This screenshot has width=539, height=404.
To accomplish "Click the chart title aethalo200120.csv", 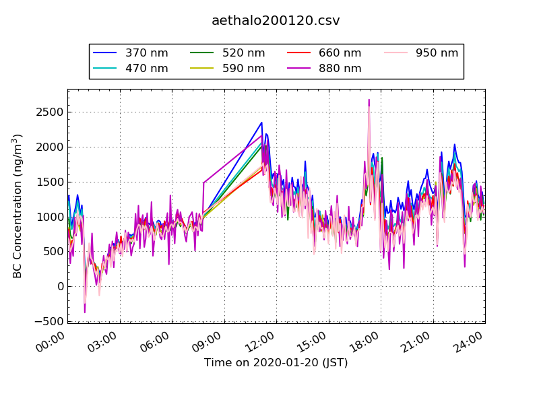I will pyautogui.click(x=276, y=21).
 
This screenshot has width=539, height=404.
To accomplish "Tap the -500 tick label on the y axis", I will pyautogui.click(x=47, y=322).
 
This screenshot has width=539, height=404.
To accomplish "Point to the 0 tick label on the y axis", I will pyautogui.click(x=59, y=287).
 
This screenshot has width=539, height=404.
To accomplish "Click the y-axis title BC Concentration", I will pyautogui.click(x=18, y=206).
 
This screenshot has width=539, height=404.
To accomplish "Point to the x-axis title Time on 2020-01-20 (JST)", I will pyautogui.click(x=276, y=363).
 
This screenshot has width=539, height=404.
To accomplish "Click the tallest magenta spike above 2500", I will pyautogui.click(x=369, y=100).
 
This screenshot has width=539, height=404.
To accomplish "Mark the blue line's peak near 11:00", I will pyautogui.click(x=261, y=123).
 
